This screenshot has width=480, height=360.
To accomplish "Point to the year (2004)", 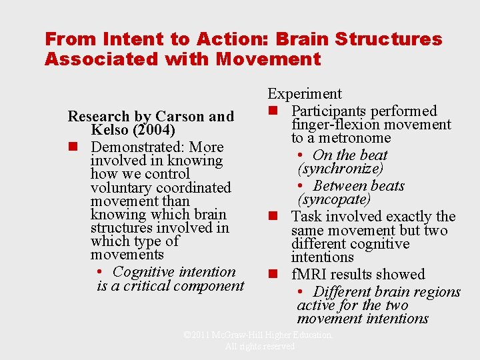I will coord(153,130).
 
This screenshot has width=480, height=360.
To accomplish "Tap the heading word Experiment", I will coord(305,94).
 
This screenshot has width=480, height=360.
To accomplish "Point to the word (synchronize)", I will coord(341,169).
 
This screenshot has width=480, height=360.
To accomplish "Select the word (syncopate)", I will coord(334,199).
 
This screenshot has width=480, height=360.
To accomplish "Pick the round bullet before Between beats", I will coord(301,186).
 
